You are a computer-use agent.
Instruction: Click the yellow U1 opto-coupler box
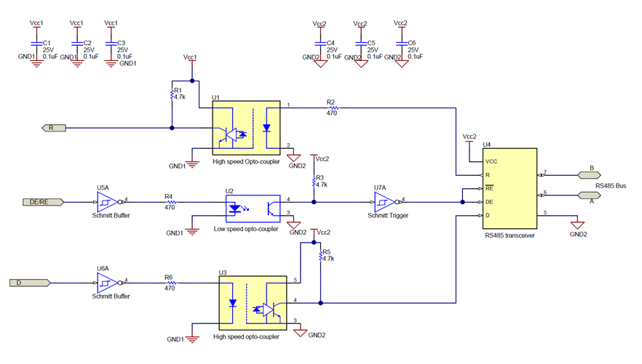(245, 127)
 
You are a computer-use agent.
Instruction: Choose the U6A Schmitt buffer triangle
(105, 281)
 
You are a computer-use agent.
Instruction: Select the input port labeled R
(52, 128)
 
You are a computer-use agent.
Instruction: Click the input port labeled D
(28, 281)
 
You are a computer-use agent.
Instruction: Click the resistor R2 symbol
(330, 108)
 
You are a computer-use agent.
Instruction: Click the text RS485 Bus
(611, 185)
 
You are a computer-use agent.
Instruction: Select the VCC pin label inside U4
(492, 161)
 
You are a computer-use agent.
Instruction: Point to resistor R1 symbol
(171, 93)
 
